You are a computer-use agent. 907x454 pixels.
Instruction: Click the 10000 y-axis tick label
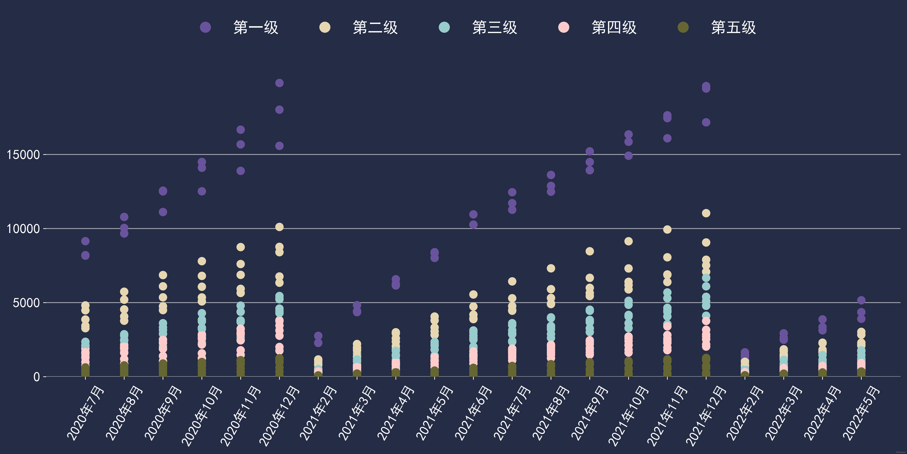[x=23, y=229]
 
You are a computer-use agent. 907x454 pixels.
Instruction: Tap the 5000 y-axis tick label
[x=26, y=303]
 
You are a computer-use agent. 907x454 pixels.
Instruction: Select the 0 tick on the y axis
[x=37, y=377]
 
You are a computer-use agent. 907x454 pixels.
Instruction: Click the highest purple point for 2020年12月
[x=279, y=83]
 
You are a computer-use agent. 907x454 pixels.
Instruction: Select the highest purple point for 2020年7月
[x=85, y=241]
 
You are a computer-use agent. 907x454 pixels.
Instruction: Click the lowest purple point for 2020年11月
[x=241, y=171]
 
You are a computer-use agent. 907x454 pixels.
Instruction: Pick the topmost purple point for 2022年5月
[x=861, y=300]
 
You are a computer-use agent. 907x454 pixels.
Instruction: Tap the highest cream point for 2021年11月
[x=667, y=229]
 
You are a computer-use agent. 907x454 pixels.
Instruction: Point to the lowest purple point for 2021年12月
[x=706, y=122]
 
